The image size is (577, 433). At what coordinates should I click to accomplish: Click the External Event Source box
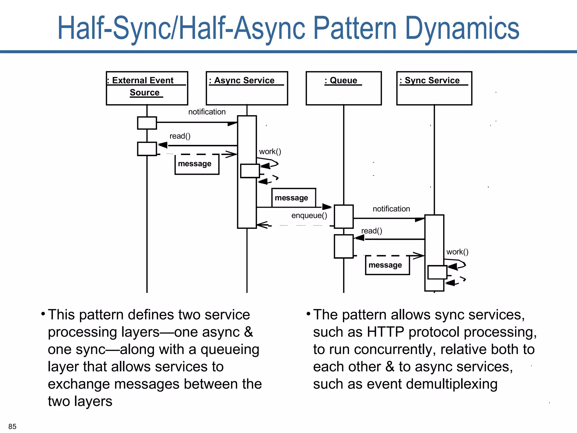tap(147, 88)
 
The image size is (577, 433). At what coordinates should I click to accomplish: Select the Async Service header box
tap(247, 88)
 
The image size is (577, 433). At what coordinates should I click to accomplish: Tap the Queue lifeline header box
tap(343, 88)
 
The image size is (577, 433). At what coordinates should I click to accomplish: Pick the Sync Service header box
tap(434, 88)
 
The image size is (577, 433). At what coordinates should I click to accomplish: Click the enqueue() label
tap(309, 216)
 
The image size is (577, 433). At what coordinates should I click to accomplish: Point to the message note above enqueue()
tap(293, 198)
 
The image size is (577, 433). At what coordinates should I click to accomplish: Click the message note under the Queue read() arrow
tap(387, 265)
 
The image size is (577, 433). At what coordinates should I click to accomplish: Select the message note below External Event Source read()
tap(196, 164)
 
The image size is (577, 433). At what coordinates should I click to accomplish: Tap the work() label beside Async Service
tap(270, 152)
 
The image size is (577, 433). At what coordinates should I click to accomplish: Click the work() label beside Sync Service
tap(457, 252)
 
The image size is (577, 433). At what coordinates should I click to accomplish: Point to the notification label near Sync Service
tap(391, 209)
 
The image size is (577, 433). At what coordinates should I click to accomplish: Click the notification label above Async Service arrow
tap(207, 112)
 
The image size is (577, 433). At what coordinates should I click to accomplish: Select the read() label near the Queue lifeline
tap(371, 231)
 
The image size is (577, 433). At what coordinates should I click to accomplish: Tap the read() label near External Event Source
tap(180, 136)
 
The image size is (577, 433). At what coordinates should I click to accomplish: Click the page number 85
tap(12, 426)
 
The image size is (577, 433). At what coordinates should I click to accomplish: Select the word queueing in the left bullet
tap(230, 350)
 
